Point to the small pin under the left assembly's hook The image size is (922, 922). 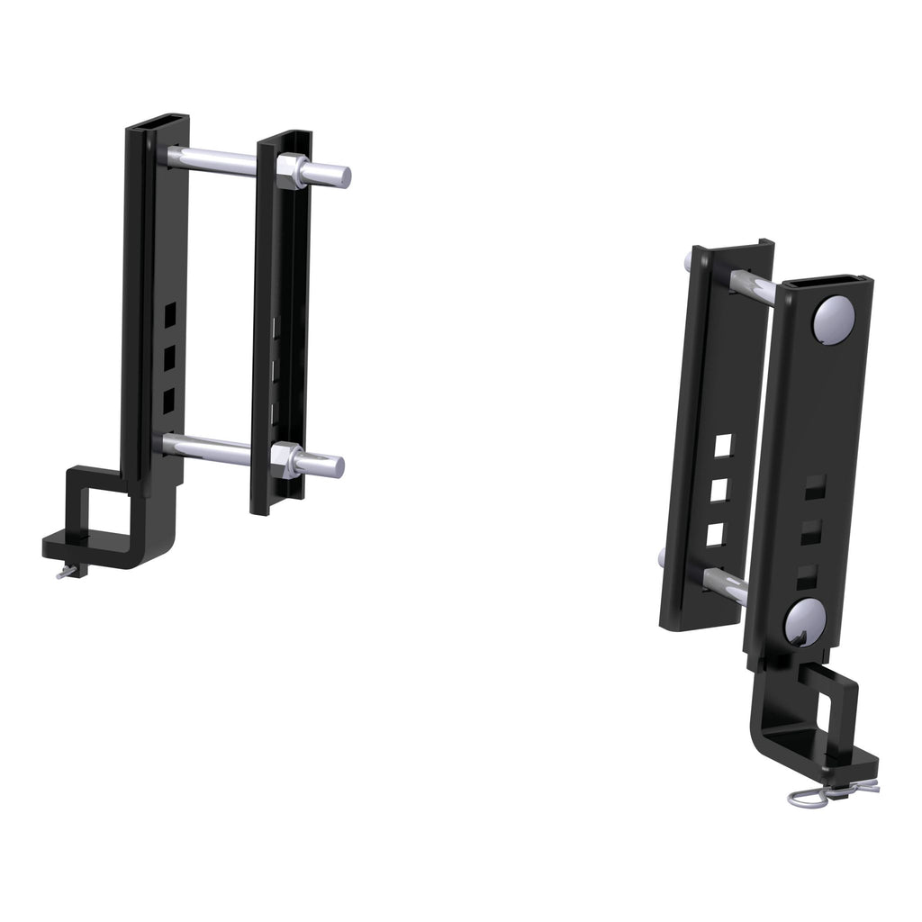point(68,571)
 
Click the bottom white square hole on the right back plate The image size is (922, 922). point(716,534)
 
